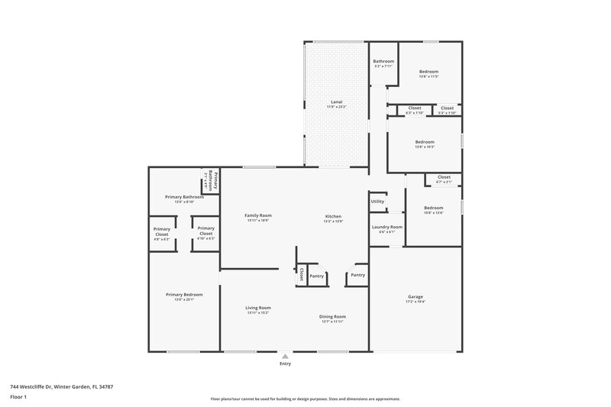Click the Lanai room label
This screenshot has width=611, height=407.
click(336, 102)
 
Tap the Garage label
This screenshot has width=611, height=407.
click(415, 296)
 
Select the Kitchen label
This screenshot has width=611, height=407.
click(333, 216)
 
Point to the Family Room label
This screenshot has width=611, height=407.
click(258, 215)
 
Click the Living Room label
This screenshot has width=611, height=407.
click(258, 308)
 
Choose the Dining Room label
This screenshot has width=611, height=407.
click(332, 316)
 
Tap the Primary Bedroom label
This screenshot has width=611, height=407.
click(184, 294)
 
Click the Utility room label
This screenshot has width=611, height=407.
click(377, 202)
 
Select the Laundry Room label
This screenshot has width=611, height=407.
click(386, 227)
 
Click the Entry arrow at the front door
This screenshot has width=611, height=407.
click(285, 355)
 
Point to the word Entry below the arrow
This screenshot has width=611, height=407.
click(285, 363)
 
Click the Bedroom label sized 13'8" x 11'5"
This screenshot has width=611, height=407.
click(428, 72)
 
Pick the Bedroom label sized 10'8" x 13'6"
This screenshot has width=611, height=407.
click(434, 208)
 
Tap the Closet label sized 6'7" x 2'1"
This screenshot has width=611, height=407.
click(444, 177)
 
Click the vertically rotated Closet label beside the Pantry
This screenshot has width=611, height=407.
click(302, 274)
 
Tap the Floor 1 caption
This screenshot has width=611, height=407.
click(18, 398)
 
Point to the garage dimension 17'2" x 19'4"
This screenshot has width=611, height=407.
click(415, 302)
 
